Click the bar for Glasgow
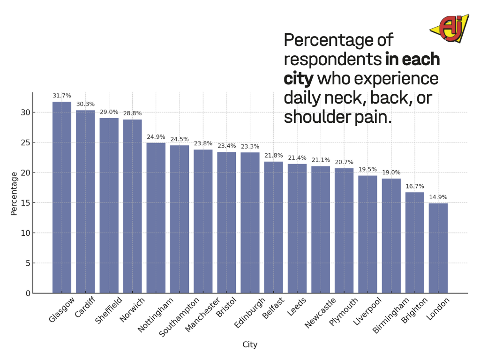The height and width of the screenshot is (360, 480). point(62,197)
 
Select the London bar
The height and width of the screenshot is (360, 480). point(438,248)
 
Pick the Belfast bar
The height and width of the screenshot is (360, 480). point(274,227)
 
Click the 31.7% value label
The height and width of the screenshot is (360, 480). point(62,96)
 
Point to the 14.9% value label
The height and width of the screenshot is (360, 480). point(438,197)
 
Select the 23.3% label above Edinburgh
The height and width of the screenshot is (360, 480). point(250,146)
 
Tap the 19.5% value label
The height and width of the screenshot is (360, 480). point(367,169)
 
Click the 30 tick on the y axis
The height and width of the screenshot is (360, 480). point(25,112)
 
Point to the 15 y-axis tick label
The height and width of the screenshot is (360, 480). point(25,203)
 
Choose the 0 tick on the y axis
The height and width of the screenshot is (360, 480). point(28,293)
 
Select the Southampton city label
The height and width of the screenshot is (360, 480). point(179,316)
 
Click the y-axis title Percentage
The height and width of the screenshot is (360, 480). point(14,194)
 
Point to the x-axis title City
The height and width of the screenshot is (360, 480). point(250,345)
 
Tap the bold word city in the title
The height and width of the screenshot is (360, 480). point(298,78)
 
